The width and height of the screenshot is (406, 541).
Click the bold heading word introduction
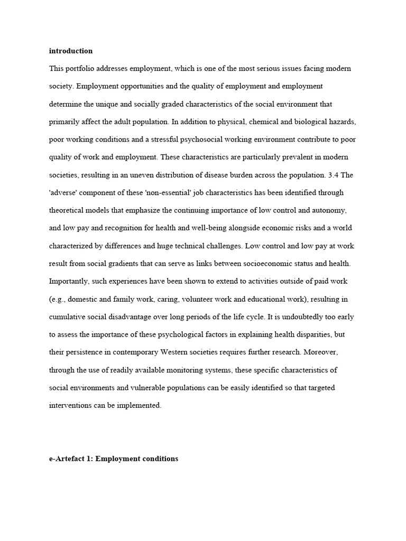[71, 51]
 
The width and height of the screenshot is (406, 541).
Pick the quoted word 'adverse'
[64, 193]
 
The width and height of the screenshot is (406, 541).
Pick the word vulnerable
[154, 388]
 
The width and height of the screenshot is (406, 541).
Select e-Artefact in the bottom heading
[68, 459]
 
